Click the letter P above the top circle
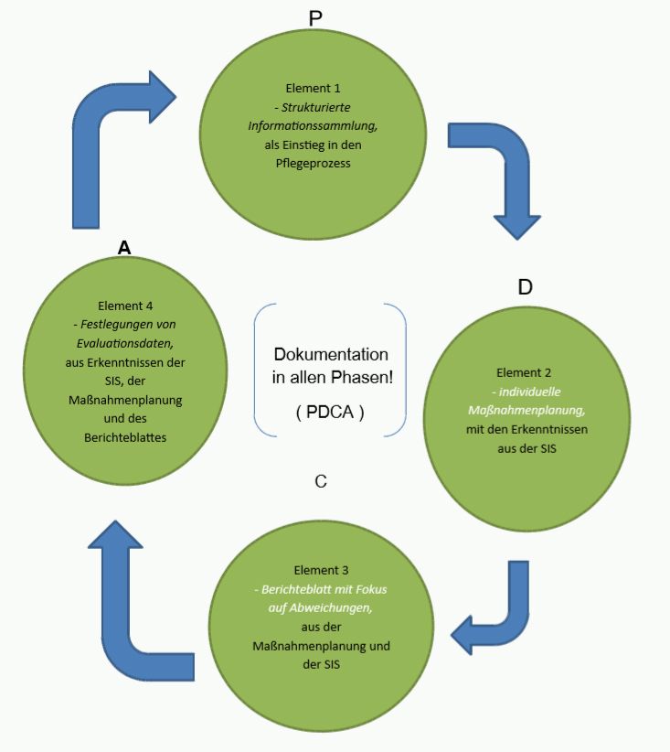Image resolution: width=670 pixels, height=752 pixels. tap(316, 17)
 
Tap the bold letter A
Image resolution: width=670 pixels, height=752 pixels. tap(124, 246)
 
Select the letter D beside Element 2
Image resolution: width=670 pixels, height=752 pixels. tap(525, 286)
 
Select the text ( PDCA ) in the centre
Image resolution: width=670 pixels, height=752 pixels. tap(331, 412)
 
